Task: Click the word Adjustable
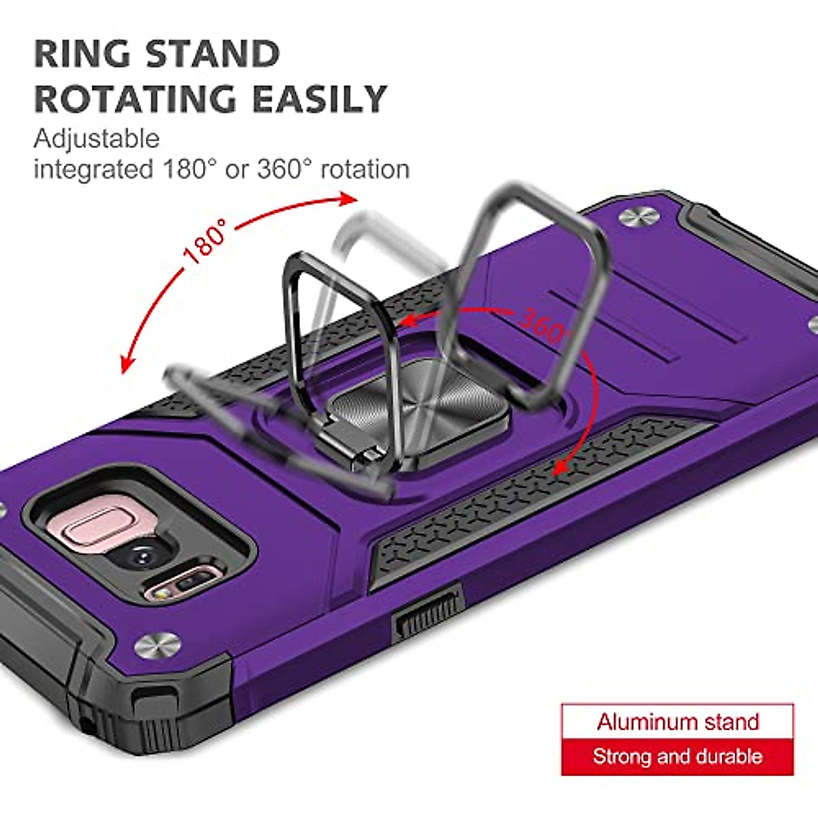(x=96, y=138)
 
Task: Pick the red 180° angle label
(x=204, y=241)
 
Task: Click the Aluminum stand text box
(x=678, y=721)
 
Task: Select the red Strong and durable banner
(x=678, y=757)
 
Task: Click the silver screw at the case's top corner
(x=639, y=216)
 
